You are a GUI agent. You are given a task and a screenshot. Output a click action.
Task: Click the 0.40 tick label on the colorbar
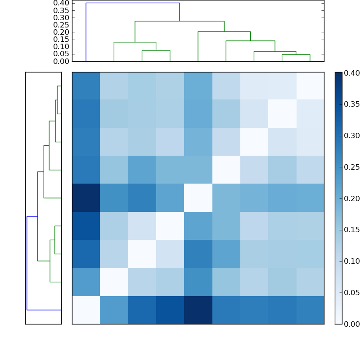pyautogui.click(x=352, y=73)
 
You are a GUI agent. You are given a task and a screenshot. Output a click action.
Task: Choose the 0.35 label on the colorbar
pyautogui.click(x=352, y=104)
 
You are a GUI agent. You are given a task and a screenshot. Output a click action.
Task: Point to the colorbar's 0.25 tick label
pyautogui.click(x=352, y=167)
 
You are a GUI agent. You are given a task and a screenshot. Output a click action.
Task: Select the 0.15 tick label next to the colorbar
pyautogui.click(x=352, y=230)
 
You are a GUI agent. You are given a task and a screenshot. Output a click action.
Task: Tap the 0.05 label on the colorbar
pyautogui.click(x=352, y=292)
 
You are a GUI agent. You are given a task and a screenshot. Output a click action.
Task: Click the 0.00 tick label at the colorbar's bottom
pyautogui.click(x=352, y=324)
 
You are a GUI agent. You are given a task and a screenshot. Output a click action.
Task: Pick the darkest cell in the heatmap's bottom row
pyautogui.click(x=198, y=310)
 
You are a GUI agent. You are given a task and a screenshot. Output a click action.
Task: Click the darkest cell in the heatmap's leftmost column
pyautogui.click(x=86, y=198)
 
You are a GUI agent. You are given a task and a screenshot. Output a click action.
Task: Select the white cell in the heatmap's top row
pyautogui.click(x=310, y=86)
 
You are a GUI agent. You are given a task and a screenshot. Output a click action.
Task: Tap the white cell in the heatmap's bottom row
pyautogui.click(x=86, y=310)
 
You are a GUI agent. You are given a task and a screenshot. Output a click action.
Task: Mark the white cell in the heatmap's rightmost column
pyautogui.click(x=310, y=86)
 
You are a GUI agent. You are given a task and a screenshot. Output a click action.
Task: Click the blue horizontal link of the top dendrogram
pyautogui.click(x=133, y=3)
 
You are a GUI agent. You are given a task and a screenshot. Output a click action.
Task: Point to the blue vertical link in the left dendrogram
pyautogui.click(x=27, y=263)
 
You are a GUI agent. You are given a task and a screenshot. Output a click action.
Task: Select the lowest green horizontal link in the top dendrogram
pyautogui.click(x=296, y=54)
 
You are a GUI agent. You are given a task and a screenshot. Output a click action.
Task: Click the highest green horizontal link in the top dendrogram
pyautogui.click(x=180, y=21)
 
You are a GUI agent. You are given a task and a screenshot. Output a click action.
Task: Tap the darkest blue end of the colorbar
pyautogui.click(x=338, y=74)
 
